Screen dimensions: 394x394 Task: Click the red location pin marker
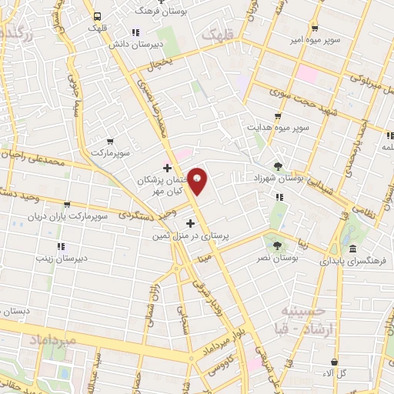pyautogui.click(x=197, y=182)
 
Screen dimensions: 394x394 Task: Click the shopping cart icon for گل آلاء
pyautogui.click(x=334, y=362)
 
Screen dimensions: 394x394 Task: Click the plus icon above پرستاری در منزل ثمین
pyautogui.click(x=191, y=223)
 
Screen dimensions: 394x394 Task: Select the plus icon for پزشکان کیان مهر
pyautogui.click(x=167, y=168)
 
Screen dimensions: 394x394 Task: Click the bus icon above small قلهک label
pyautogui.click(x=97, y=16)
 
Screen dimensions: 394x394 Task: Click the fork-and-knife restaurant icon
pyautogui.click(x=279, y=196)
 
